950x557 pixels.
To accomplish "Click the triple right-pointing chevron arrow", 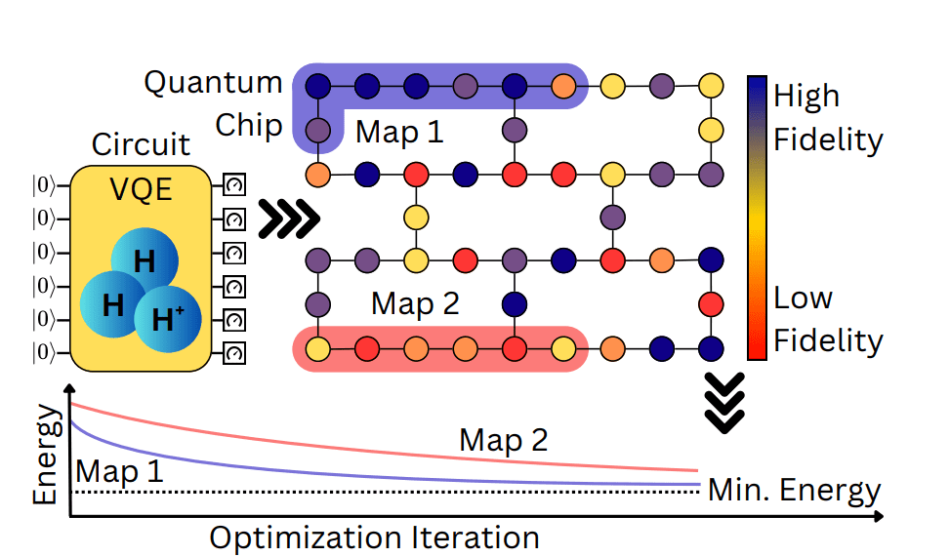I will [x=288, y=219].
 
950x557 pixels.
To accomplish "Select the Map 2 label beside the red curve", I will [x=504, y=440].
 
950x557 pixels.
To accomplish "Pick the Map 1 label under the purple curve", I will [x=119, y=472].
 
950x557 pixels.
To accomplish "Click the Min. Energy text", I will [x=794, y=490].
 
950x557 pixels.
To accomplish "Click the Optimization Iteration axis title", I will [x=374, y=537].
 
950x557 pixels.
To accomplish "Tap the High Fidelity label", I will [x=827, y=117].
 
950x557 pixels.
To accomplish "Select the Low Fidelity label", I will [x=827, y=319].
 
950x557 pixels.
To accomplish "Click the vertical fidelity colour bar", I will [x=757, y=218].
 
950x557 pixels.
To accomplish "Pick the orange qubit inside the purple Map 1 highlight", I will [x=563, y=86].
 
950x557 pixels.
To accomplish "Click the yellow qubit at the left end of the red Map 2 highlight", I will [x=317, y=347].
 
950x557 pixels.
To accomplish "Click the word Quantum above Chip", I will [x=213, y=82].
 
